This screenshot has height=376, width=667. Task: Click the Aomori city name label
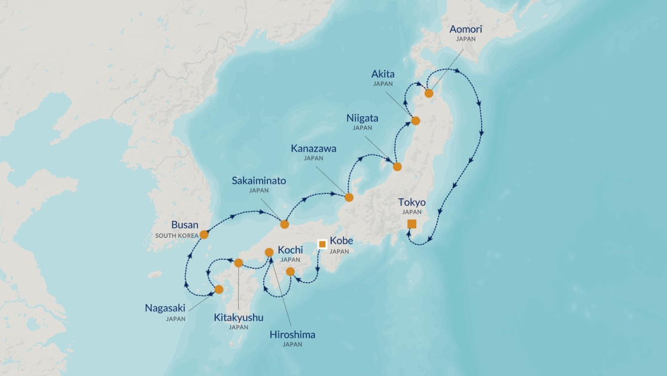(x=465, y=29)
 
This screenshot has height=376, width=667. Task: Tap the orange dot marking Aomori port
(x=429, y=93)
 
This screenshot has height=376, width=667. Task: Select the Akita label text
(x=383, y=74)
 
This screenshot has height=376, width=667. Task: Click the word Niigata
(x=362, y=118)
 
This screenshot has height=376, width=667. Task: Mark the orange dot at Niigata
(x=397, y=167)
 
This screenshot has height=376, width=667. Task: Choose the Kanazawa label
(x=313, y=148)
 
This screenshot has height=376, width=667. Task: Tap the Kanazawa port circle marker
(x=349, y=198)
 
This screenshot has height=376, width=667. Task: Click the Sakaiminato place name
(x=259, y=180)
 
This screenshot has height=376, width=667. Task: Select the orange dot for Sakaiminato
(x=285, y=224)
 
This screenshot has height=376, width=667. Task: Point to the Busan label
(x=184, y=225)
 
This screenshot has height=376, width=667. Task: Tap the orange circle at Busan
(x=204, y=235)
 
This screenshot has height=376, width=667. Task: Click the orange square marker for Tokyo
(x=412, y=224)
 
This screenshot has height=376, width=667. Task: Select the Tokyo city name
(x=412, y=202)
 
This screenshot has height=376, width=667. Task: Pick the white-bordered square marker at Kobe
(x=322, y=244)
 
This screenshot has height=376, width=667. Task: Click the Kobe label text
(x=342, y=241)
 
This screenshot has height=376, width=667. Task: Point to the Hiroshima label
(x=293, y=335)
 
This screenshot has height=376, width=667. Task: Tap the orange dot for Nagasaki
(x=219, y=289)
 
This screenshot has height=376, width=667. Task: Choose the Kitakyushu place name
(x=239, y=317)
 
